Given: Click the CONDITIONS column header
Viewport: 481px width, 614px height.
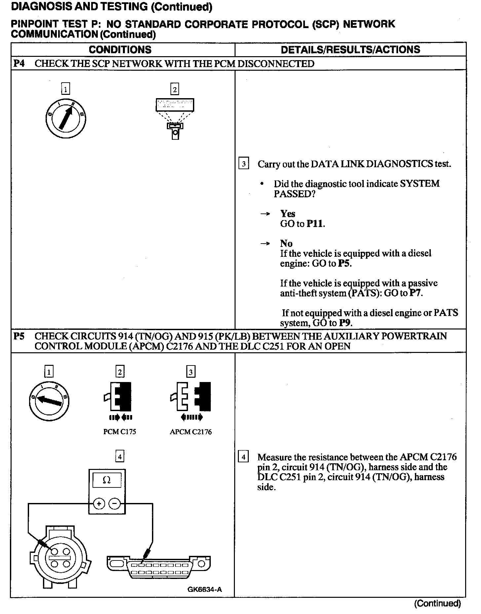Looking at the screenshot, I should click(x=120, y=50).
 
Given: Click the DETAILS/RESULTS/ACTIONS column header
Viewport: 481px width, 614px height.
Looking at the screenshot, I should click(x=350, y=50).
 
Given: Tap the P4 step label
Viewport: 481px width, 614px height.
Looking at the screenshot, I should click(x=19, y=63).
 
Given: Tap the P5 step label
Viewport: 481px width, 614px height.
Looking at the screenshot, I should click(x=19, y=336).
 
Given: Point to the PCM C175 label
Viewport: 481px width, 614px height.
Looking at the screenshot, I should click(x=119, y=432).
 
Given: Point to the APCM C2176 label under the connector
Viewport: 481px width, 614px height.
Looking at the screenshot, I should click(x=191, y=432).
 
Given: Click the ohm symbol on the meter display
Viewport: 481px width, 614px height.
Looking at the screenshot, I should click(x=106, y=480).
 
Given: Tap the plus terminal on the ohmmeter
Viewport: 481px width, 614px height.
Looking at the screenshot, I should click(x=99, y=504).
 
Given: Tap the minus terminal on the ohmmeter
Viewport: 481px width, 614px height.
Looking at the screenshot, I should click(x=115, y=504).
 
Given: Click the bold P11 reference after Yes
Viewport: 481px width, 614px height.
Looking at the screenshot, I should click(x=315, y=224).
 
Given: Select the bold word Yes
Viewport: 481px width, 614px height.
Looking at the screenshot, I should click(x=288, y=213).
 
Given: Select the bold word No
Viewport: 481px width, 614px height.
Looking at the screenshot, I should click(x=286, y=244).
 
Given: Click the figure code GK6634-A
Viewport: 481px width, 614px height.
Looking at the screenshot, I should click(x=204, y=590).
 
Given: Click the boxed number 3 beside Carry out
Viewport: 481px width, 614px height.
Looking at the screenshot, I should click(x=243, y=164).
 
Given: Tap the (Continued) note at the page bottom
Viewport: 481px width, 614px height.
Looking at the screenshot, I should click(x=437, y=603).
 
